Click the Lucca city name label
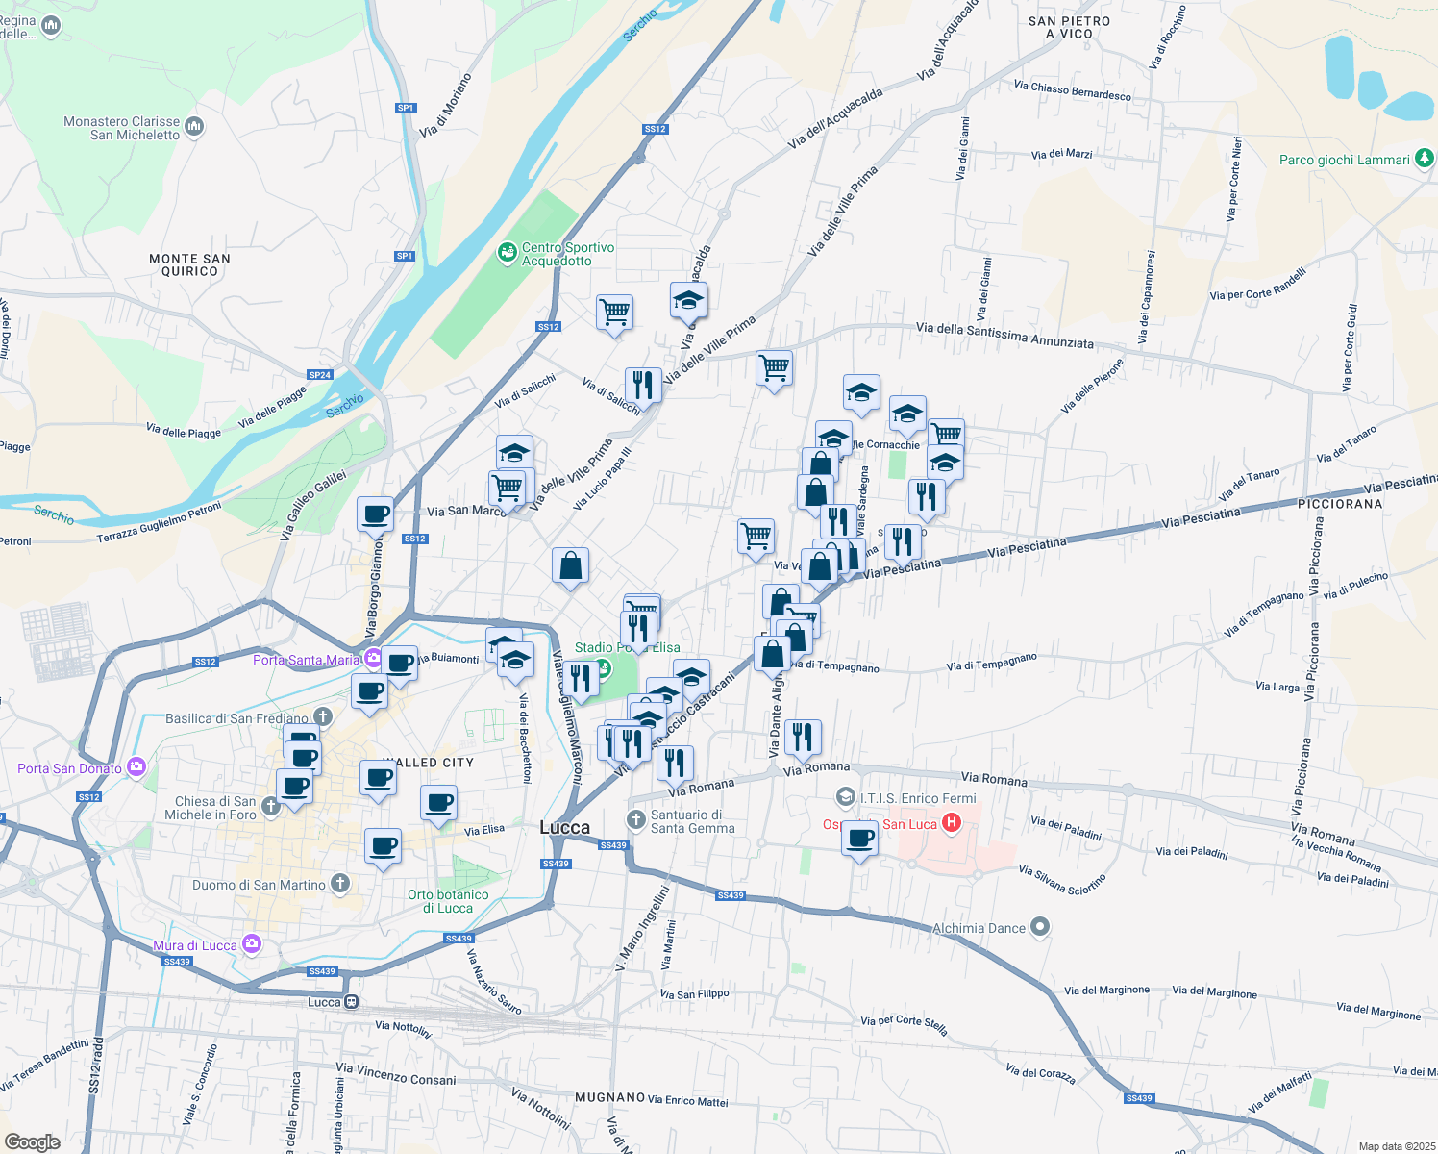point(565,828)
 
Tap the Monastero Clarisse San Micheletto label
point(121,128)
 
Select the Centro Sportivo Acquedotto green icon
point(507,253)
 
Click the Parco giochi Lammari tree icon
point(1425,159)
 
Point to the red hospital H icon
point(952,823)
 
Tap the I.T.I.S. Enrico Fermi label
point(917,798)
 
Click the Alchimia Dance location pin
point(1040,927)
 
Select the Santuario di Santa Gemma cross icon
point(635,819)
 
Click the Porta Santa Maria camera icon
point(372,659)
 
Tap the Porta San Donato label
point(69,768)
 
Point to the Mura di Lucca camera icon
point(252,944)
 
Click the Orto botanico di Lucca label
point(448,901)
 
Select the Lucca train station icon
point(352,1002)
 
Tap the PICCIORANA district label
point(1340,504)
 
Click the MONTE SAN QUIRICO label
point(189,264)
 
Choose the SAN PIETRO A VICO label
point(1069,27)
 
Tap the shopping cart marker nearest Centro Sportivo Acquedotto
point(614,313)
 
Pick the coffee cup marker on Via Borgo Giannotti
point(375,514)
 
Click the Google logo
point(32,1141)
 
